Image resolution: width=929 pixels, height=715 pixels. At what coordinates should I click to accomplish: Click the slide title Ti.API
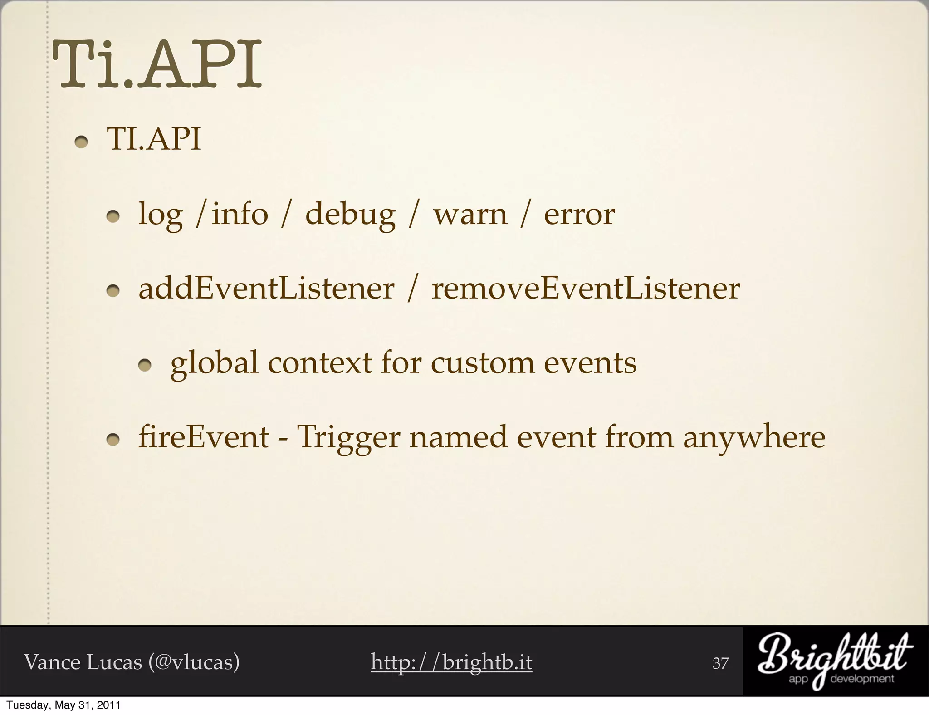(157, 65)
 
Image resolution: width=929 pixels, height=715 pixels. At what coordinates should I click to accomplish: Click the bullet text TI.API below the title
(154, 139)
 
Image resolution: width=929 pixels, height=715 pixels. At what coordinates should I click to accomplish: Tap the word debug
(350, 214)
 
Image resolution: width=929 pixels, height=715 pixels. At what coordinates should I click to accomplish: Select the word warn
(470, 214)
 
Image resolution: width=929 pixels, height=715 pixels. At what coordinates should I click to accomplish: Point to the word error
(579, 214)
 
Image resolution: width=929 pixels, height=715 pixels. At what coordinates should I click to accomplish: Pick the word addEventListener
(266, 289)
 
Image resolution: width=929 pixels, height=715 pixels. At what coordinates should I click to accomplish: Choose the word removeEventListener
(586, 289)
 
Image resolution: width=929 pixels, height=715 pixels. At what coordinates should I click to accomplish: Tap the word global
(214, 363)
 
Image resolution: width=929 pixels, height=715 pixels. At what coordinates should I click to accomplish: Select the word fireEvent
(204, 437)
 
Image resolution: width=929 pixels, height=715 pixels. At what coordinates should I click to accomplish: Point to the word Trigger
(348, 438)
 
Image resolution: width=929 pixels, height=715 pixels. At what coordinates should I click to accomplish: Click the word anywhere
(754, 438)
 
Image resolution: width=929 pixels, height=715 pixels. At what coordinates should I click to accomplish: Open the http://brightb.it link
(451, 662)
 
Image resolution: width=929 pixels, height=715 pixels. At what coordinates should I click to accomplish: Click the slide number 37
(720, 663)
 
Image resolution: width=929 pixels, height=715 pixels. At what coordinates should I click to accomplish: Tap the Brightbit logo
(835, 662)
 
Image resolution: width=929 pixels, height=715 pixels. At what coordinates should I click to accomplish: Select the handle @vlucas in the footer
(194, 662)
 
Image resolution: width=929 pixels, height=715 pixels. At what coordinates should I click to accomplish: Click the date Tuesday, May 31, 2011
(64, 705)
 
